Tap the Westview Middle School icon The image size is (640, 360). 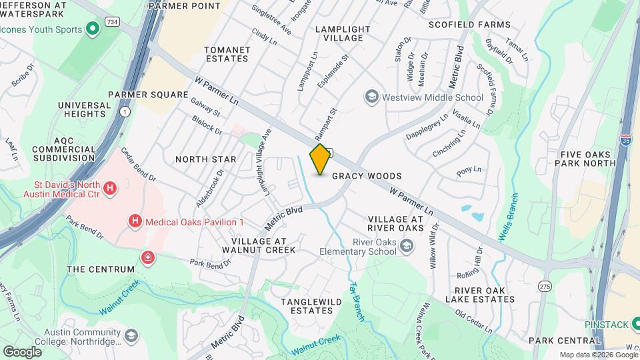coord(371,97)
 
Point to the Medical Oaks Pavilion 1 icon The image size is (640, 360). coord(135,221)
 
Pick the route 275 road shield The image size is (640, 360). coord(545,286)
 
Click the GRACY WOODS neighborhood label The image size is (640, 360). coord(367,176)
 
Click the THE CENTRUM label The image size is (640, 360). coord(101,269)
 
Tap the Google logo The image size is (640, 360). coord(22,351)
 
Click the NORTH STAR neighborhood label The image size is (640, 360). coord(205,159)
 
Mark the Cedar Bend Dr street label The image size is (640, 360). coord(139,165)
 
